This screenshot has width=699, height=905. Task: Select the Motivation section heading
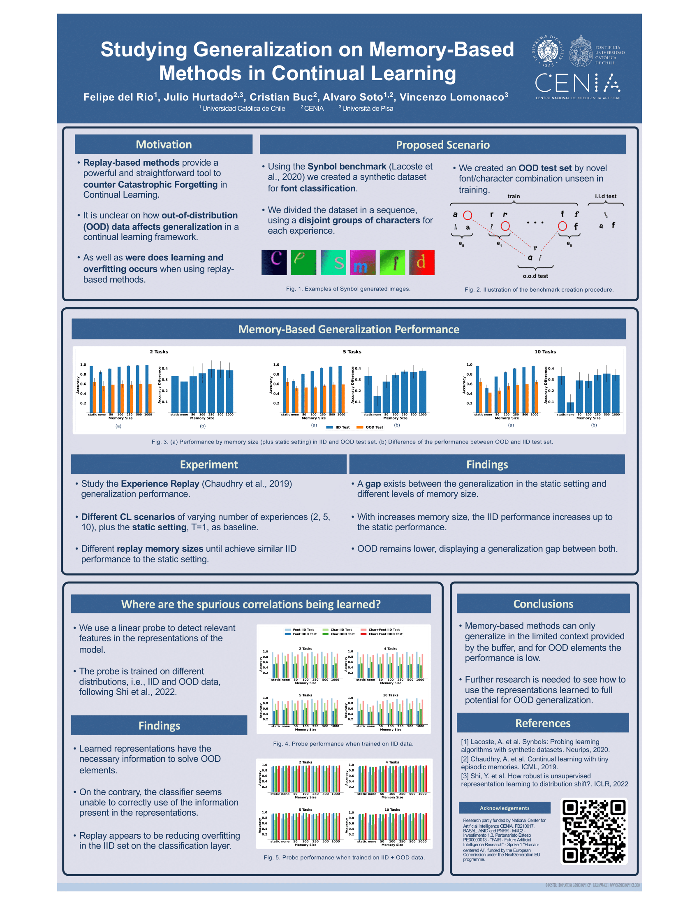164,145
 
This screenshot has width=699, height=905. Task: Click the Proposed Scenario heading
442,145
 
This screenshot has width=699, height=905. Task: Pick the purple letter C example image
274,262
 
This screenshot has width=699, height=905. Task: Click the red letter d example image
421,262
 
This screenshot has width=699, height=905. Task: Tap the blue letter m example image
363,262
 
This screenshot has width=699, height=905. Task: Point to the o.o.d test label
535,276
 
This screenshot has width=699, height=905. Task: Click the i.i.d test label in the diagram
605,196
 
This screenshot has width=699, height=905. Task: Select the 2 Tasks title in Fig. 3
159,352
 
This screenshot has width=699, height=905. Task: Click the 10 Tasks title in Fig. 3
545,352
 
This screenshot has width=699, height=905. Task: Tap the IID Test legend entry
338,427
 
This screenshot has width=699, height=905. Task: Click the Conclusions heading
543,604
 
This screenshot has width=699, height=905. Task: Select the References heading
542,723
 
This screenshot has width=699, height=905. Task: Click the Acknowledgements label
505,808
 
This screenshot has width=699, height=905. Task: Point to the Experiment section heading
209,464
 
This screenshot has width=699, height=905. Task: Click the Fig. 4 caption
343,744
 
